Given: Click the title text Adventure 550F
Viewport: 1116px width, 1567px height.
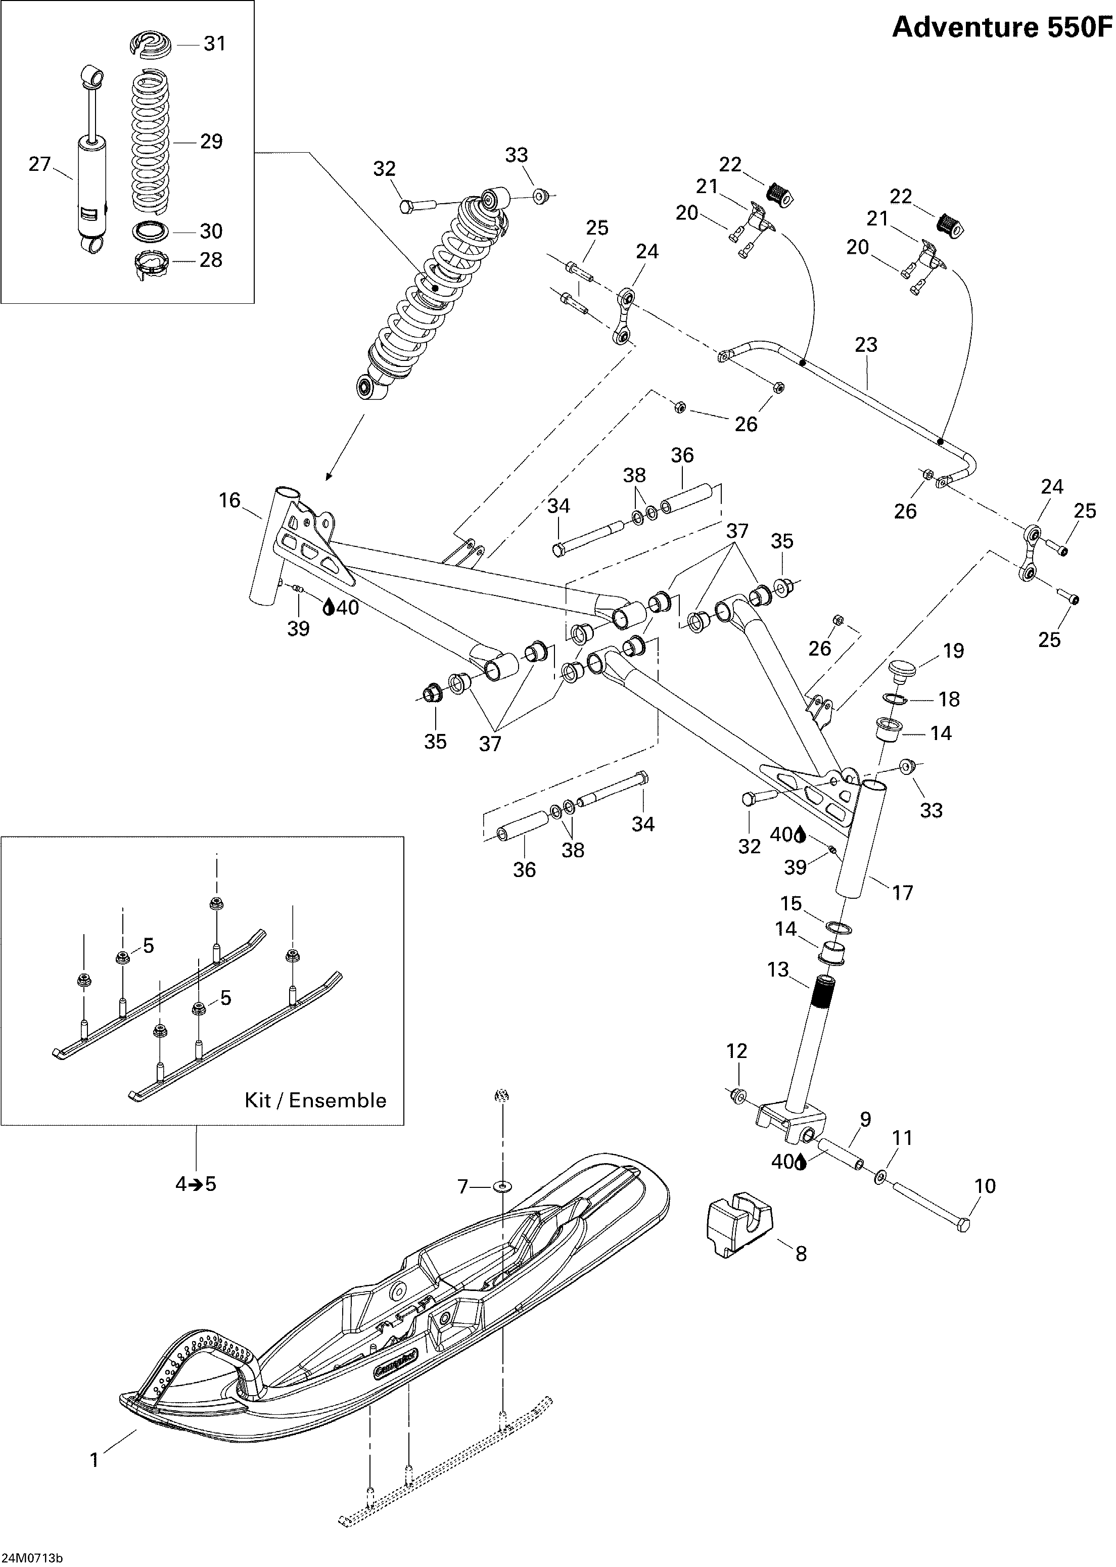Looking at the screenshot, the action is (x=1002, y=27).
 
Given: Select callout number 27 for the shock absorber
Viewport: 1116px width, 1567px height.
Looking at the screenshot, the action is (x=40, y=164).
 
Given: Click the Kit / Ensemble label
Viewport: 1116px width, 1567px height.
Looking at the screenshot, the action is (x=315, y=1100).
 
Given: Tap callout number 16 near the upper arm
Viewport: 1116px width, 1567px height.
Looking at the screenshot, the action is (x=229, y=500).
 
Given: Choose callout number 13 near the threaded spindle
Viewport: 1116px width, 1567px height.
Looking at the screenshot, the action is (x=778, y=970).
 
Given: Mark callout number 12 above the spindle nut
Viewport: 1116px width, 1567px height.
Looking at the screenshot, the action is (x=736, y=1051).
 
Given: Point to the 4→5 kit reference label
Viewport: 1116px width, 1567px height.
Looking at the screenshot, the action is (x=196, y=1184).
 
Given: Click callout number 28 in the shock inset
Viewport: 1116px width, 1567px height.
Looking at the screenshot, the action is (x=210, y=260).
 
